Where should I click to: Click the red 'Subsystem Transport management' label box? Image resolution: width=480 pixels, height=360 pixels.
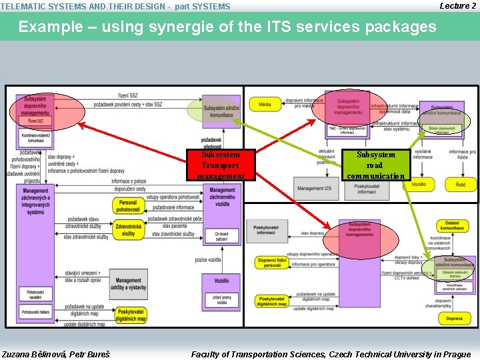220,165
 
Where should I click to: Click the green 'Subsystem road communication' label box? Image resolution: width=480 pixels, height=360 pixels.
376,165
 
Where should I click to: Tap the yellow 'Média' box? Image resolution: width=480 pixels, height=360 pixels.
265,104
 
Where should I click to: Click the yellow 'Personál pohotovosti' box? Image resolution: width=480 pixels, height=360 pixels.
128,206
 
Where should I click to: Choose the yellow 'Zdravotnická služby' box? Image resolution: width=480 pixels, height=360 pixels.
128,230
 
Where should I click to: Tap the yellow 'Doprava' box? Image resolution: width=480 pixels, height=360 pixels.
454,319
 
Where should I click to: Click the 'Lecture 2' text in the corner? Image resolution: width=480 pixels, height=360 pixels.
458,6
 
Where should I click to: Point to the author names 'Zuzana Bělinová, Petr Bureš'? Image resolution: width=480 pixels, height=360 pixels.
56,354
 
